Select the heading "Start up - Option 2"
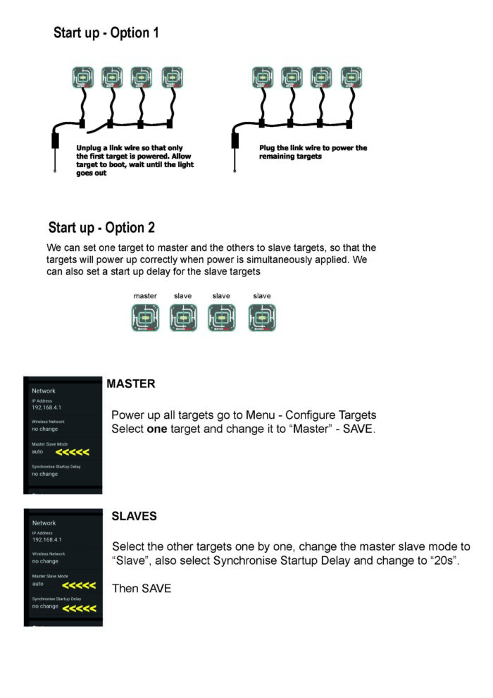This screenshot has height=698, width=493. [101, 228]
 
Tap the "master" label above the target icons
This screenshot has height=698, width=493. [145, 296]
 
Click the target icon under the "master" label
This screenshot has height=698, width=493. [145, 318]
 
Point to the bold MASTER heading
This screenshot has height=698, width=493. [131, 384]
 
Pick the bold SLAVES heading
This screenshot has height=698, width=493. [134, 517]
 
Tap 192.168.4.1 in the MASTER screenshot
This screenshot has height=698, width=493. [48, 408]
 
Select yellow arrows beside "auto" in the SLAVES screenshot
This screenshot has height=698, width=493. [79, 585]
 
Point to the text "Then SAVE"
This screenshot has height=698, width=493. [142, 588]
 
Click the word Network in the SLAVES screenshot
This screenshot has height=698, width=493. [44, 523]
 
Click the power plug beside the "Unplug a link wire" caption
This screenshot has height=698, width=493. [55, 142]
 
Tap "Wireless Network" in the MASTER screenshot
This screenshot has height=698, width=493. [49, 422]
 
